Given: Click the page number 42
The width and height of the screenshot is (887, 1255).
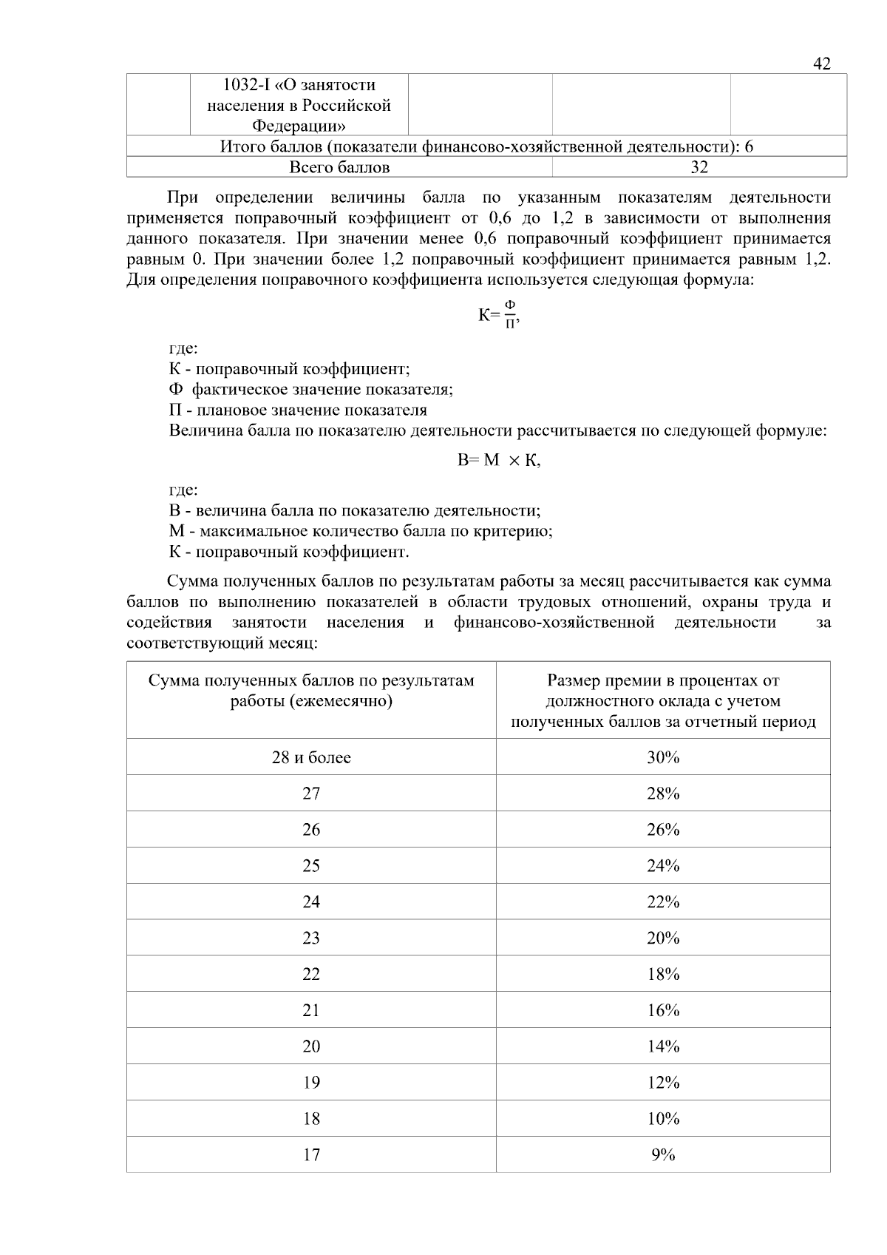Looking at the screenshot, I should [x=821, y=64].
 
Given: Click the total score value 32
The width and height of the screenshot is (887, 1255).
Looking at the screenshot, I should [x=699, y=167].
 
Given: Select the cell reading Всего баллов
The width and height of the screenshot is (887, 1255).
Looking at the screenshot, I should [x=339, y=167].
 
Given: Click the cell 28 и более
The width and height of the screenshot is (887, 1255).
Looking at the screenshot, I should [x=311, y=757].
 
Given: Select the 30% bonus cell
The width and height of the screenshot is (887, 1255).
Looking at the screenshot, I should [x=662, y=757].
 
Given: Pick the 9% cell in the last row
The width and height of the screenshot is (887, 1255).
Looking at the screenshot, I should [x=662, y=1154].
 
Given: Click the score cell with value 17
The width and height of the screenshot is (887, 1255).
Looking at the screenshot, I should [x=311, y=1154].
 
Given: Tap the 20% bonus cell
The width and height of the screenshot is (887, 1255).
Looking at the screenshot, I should [x=662, y=938].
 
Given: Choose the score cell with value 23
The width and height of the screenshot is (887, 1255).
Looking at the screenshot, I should [x=311, y=938].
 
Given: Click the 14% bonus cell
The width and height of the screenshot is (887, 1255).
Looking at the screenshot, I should [x=662, y=1046].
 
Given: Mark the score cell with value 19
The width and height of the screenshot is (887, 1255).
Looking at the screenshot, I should [x=311, y=1083].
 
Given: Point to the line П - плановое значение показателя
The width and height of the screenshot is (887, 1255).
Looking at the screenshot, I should [x=298, y=410].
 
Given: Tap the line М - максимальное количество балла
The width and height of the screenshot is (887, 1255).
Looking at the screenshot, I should [x=361, y=531].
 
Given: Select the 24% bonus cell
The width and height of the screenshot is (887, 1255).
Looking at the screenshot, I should [x=662, y=865].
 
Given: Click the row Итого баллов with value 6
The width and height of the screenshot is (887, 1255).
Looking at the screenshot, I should [x=486, y=146].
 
